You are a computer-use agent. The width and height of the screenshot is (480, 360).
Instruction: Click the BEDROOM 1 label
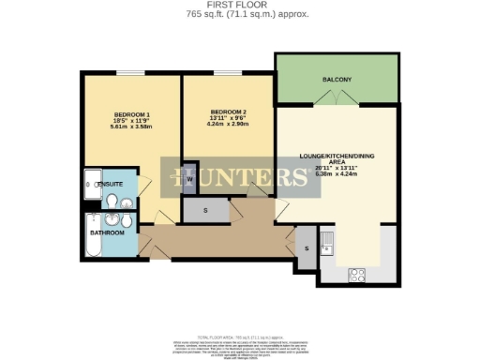pos(131,114)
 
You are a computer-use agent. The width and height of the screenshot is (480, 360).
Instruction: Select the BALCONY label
pos(337,80)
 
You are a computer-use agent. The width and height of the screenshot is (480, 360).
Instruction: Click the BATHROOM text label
pos(107,232)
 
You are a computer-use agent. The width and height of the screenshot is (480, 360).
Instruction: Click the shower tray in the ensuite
pos(92,185)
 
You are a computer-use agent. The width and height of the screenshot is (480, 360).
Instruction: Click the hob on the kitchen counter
pos(356,275)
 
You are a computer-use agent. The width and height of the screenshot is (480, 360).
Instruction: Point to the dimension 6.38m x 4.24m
pos(337,172)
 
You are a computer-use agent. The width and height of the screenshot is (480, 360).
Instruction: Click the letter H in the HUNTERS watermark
pos(177,177)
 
